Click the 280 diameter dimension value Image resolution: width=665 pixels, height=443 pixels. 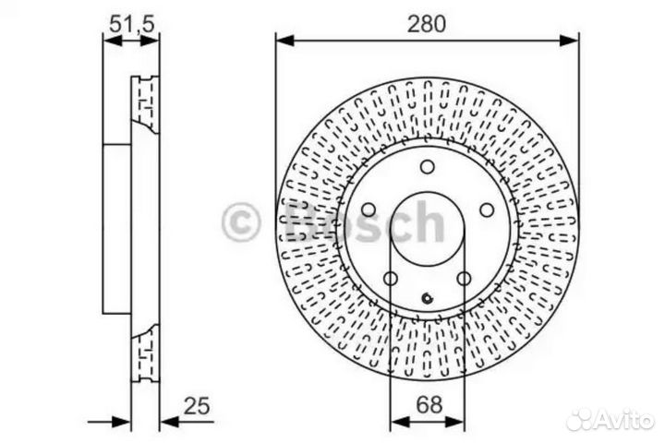tap(427, 24)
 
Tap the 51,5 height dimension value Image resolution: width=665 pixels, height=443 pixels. tap(130, 25)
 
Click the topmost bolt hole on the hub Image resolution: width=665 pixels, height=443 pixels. tap(427, 167)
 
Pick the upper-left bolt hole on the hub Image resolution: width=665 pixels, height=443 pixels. tap(368, 210)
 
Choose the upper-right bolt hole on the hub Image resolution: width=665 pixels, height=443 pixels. tap(486, 210)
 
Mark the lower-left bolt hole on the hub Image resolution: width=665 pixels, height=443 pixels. tap(390, 280)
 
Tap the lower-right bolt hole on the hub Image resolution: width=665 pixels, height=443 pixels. tap(463, 280)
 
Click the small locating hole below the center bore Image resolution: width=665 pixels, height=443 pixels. tap(427, 297)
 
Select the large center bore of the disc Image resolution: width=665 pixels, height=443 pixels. tap(427, 231)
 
